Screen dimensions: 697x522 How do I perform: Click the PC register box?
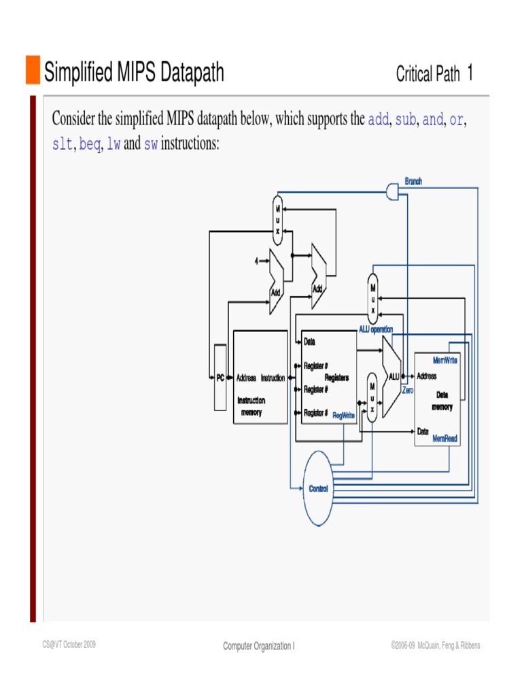pos(220,378)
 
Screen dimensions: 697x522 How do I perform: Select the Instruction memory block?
pos(259,378)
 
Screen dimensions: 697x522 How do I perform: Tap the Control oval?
pos(318,489)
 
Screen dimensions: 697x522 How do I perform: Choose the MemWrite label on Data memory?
pos(445,360)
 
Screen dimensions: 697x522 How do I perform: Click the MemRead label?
pos(445,439)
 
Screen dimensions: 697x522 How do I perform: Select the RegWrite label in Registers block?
pos(343,415)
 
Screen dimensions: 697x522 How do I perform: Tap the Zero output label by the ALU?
pos(407,391)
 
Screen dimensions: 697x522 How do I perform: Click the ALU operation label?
pos(376,329)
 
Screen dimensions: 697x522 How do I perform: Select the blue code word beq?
pos(90,145)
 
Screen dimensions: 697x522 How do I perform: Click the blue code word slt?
pos(63,145)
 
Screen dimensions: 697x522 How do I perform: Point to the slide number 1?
pos(470,73)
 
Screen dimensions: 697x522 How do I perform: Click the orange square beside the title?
pos(33,70)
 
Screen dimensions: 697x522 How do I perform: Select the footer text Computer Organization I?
pos(258,646)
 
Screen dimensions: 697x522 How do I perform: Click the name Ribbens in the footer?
pos(468,645)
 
